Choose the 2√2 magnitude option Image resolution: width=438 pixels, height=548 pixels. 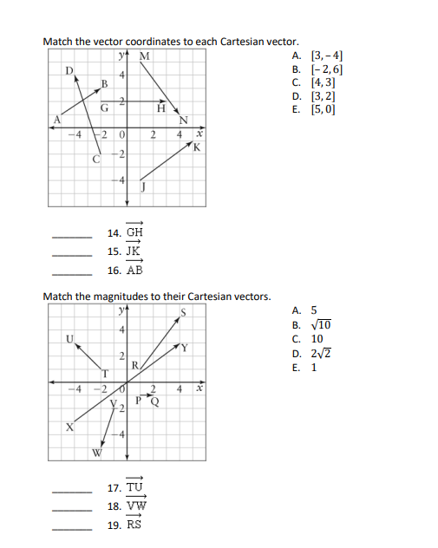[x=317, y=352]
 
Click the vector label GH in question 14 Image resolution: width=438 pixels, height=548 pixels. [x=134, y=232]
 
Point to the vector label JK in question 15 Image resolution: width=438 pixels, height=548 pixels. [x=134, y=251]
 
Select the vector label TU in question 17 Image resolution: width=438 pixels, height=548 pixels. [x=134, y=488]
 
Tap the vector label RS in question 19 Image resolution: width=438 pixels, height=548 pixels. [x=134, y=524]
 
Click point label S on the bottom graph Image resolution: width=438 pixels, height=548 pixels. [x=184, y=312]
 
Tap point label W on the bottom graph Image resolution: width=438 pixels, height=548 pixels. [x=97, y=453]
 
